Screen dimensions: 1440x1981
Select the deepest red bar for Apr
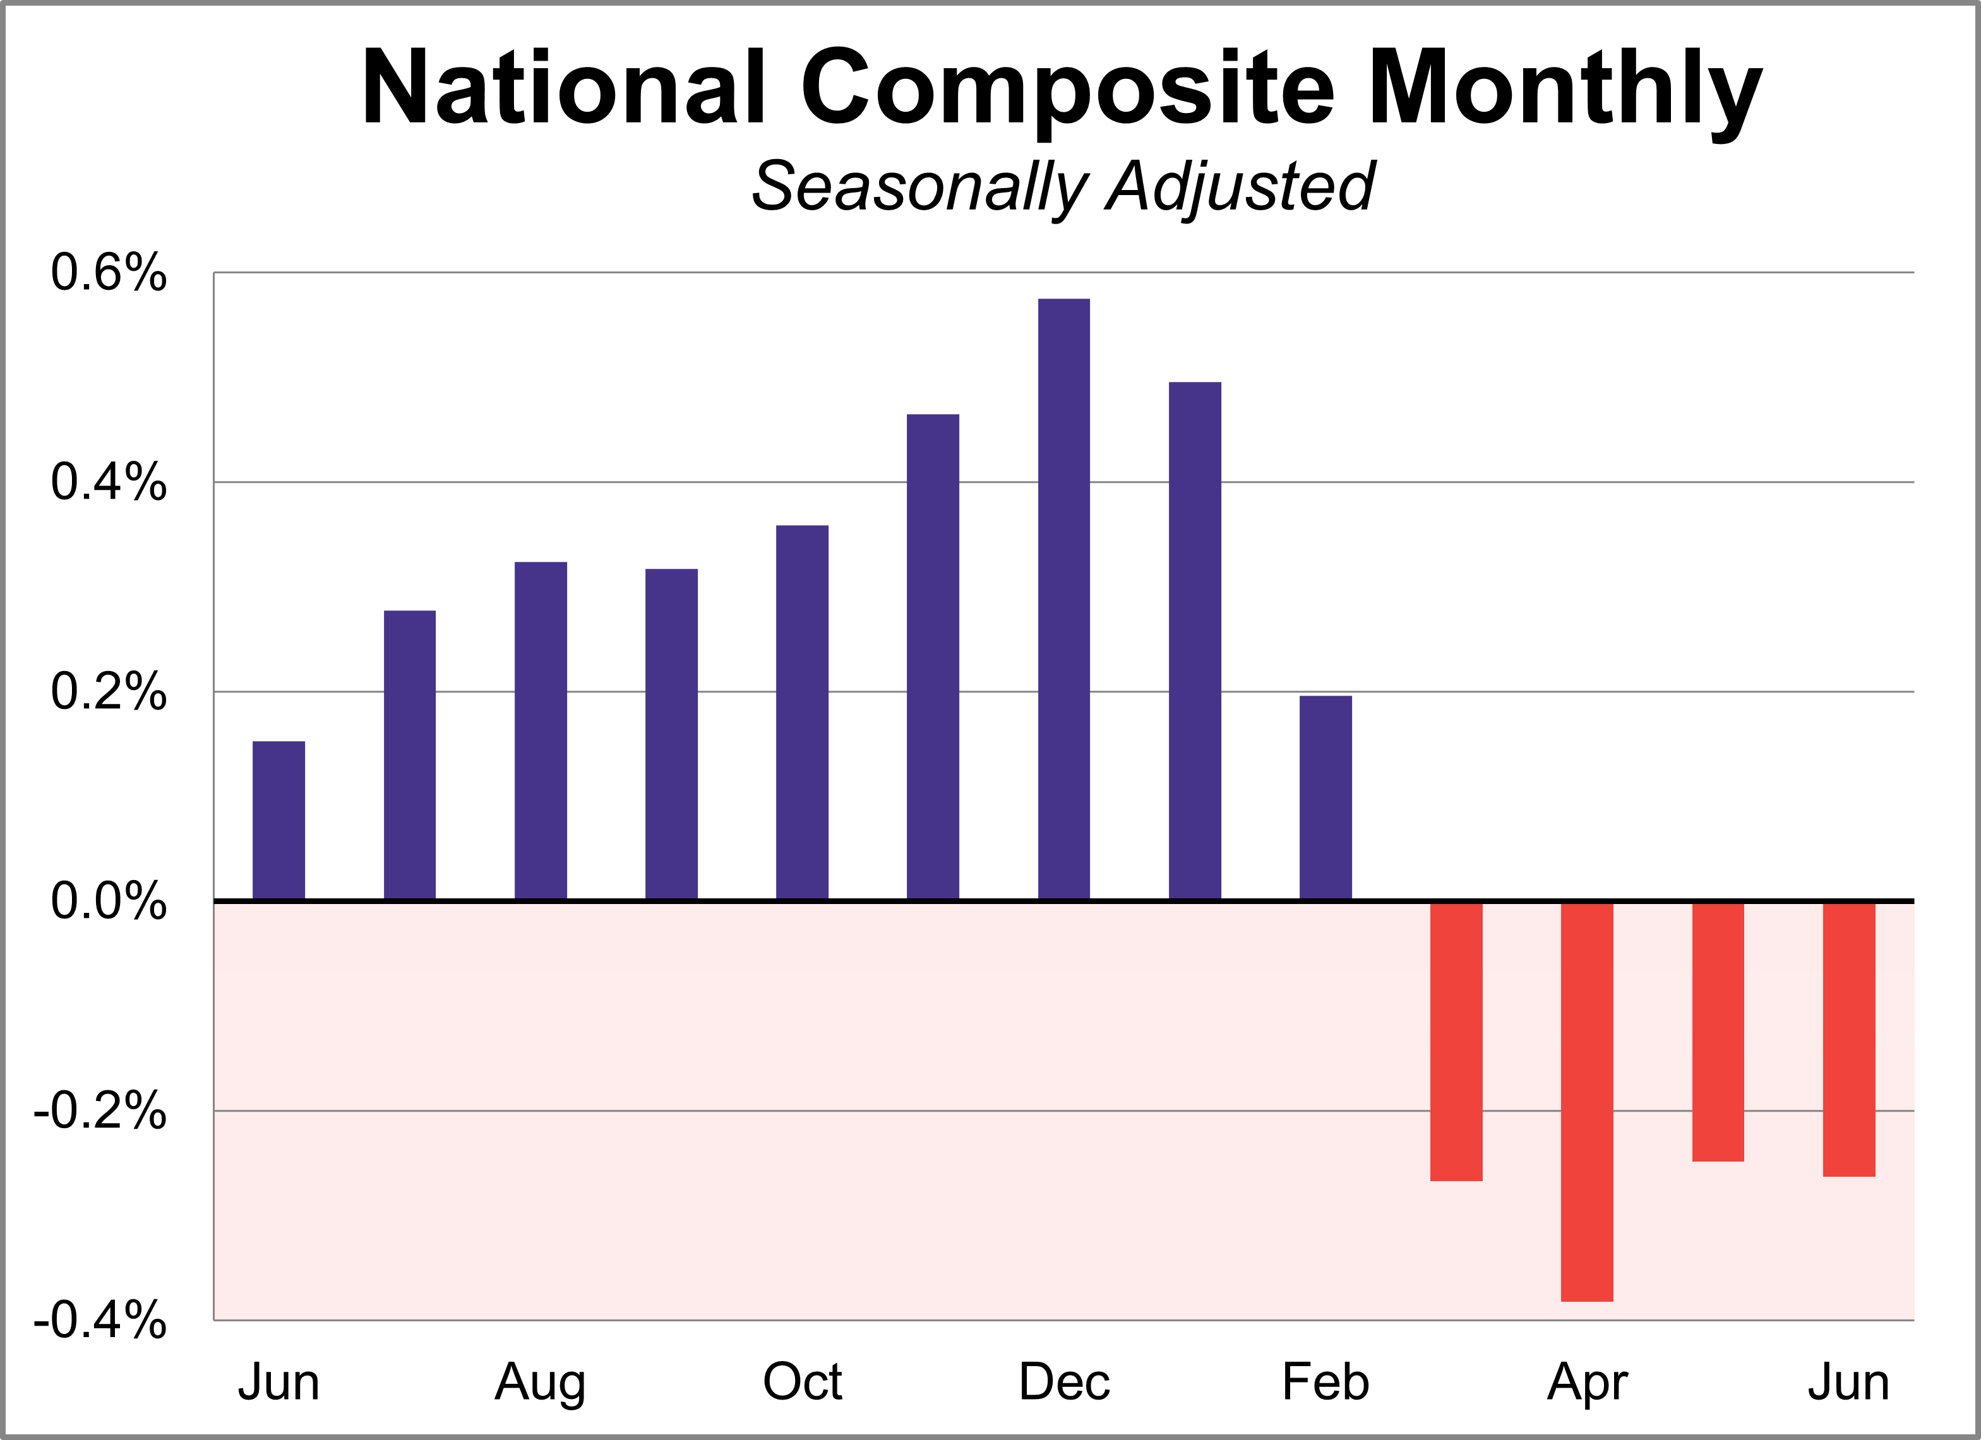click(x=1586, y=1102)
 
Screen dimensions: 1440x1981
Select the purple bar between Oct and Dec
click(x=933, y=657)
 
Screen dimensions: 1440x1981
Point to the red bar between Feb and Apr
click(x=1456, y=1041)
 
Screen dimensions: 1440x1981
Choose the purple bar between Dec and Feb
click(x=1194, y=640)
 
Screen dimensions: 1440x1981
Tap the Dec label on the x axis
click(x=1064, y=1383)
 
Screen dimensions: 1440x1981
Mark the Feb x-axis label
click(x=1325, y=1383)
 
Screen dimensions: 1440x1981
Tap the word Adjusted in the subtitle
click(x=1240, y=187)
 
